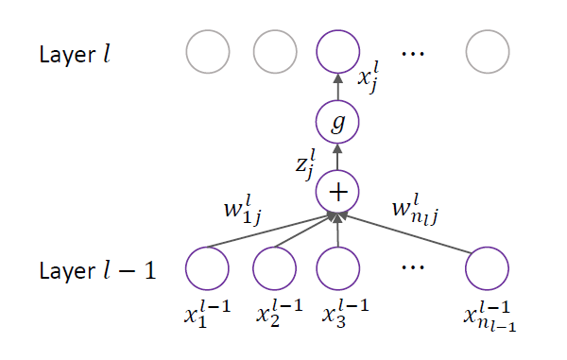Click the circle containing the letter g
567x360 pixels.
click(337, 122)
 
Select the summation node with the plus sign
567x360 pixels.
click(337, 192)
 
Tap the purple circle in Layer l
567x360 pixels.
click(337, 52)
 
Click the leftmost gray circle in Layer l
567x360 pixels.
click(208, 52)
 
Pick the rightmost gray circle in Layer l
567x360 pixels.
click(488, 52)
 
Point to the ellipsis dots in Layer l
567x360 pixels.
click(413, 54)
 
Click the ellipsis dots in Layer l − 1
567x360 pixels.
click(413, 267)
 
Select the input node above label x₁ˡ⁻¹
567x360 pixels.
click(207, 268)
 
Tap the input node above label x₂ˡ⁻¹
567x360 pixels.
click(274, 268)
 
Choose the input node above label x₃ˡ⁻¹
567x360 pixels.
click(337, 268)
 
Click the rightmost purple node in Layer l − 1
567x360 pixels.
click(487, 268)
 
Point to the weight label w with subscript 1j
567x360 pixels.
click(243, 210)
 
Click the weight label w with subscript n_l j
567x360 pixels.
click(416, 210)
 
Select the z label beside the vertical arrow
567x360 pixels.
click(305, 164)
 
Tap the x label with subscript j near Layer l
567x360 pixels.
click(369, 77)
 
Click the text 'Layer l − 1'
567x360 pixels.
click(97, 270)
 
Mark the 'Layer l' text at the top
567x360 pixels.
click(75, 55)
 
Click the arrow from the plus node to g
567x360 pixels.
click(337, 157)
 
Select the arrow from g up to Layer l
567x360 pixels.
click(337, 87)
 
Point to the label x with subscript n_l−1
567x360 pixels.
click(490, 317)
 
